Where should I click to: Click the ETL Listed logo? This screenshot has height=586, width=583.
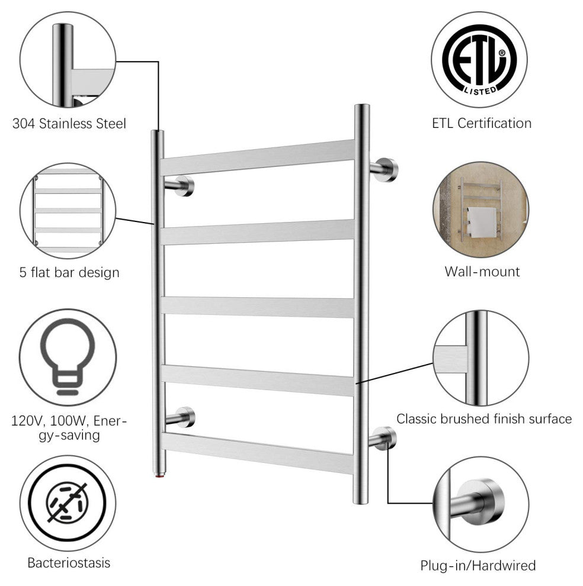[479, 60]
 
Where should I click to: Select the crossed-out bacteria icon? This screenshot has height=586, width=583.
[68, 503]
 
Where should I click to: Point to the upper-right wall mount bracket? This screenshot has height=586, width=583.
[384, 170]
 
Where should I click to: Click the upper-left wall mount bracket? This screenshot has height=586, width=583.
[180, 186]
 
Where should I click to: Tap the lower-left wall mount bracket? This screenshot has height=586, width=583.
[180, 417]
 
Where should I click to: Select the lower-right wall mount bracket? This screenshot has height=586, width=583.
[382, 439]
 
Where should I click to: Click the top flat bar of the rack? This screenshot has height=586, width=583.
[258, 157]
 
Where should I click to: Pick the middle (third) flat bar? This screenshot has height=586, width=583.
[258, 307]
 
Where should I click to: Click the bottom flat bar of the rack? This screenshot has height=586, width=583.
[258, 453]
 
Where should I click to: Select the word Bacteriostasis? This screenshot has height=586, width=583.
[69, 562]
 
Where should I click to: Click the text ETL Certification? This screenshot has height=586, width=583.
[482, 123]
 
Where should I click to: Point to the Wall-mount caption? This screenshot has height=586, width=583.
[482, 272]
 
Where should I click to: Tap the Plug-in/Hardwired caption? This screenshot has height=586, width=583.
[478, 565]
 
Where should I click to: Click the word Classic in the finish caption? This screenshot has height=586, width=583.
[417, 419]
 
